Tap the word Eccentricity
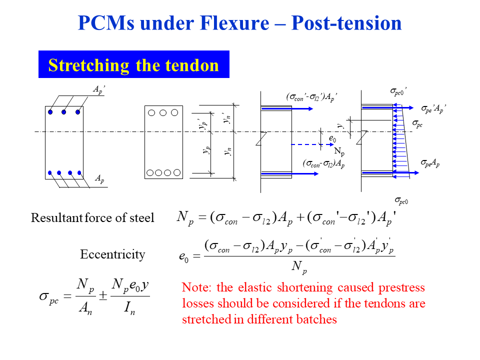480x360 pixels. pyautogui.click(x=112, y=254)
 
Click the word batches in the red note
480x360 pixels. pyautogui.click(x=313, y=319)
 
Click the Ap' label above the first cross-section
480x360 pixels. pyautogui.click(x=99, y=89)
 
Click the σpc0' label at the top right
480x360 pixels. pyautogui.click(x=398, y=91)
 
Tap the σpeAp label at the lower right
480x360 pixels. pyautogui.click(x=430, y=163)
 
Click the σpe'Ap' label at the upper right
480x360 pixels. pyautogui.click(x=432, y=108)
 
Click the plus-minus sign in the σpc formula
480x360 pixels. pyautogui.click(x=102, y=296)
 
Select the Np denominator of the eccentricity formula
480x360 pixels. pyautogui.click(x=299, y=268)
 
